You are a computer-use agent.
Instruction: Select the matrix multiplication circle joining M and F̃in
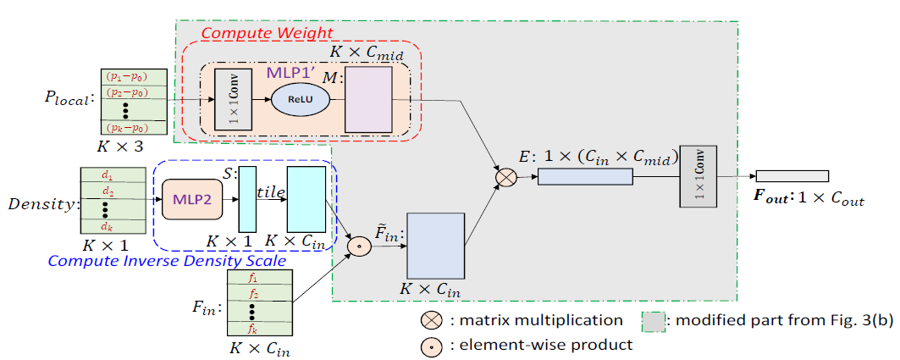pyautogui.click(x=506, y=178)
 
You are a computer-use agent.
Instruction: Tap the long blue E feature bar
pyautogui.click(x=585, y=176)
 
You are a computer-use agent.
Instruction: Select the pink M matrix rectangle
pyautogui.click(x=368, y=99)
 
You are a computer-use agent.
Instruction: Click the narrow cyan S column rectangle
pyautogui.click(x=246, y=198)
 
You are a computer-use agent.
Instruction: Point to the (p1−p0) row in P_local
pyautogui.click(x=124, y=76)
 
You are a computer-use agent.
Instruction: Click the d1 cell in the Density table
pyautogui.click(x=107, y=176)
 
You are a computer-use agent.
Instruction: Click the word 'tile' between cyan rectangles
pyautogui.click(x=270, y=193)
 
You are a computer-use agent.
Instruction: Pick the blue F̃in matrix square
pyautogui.click(x=436, y=246)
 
